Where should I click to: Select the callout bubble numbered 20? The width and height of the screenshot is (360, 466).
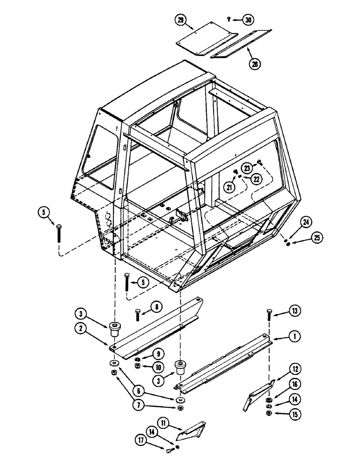(255, 65)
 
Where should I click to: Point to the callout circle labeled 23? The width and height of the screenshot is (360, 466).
(247, 168)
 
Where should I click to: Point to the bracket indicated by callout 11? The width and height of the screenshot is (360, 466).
(191, 430)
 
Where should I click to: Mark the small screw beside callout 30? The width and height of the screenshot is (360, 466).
(229, 19)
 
